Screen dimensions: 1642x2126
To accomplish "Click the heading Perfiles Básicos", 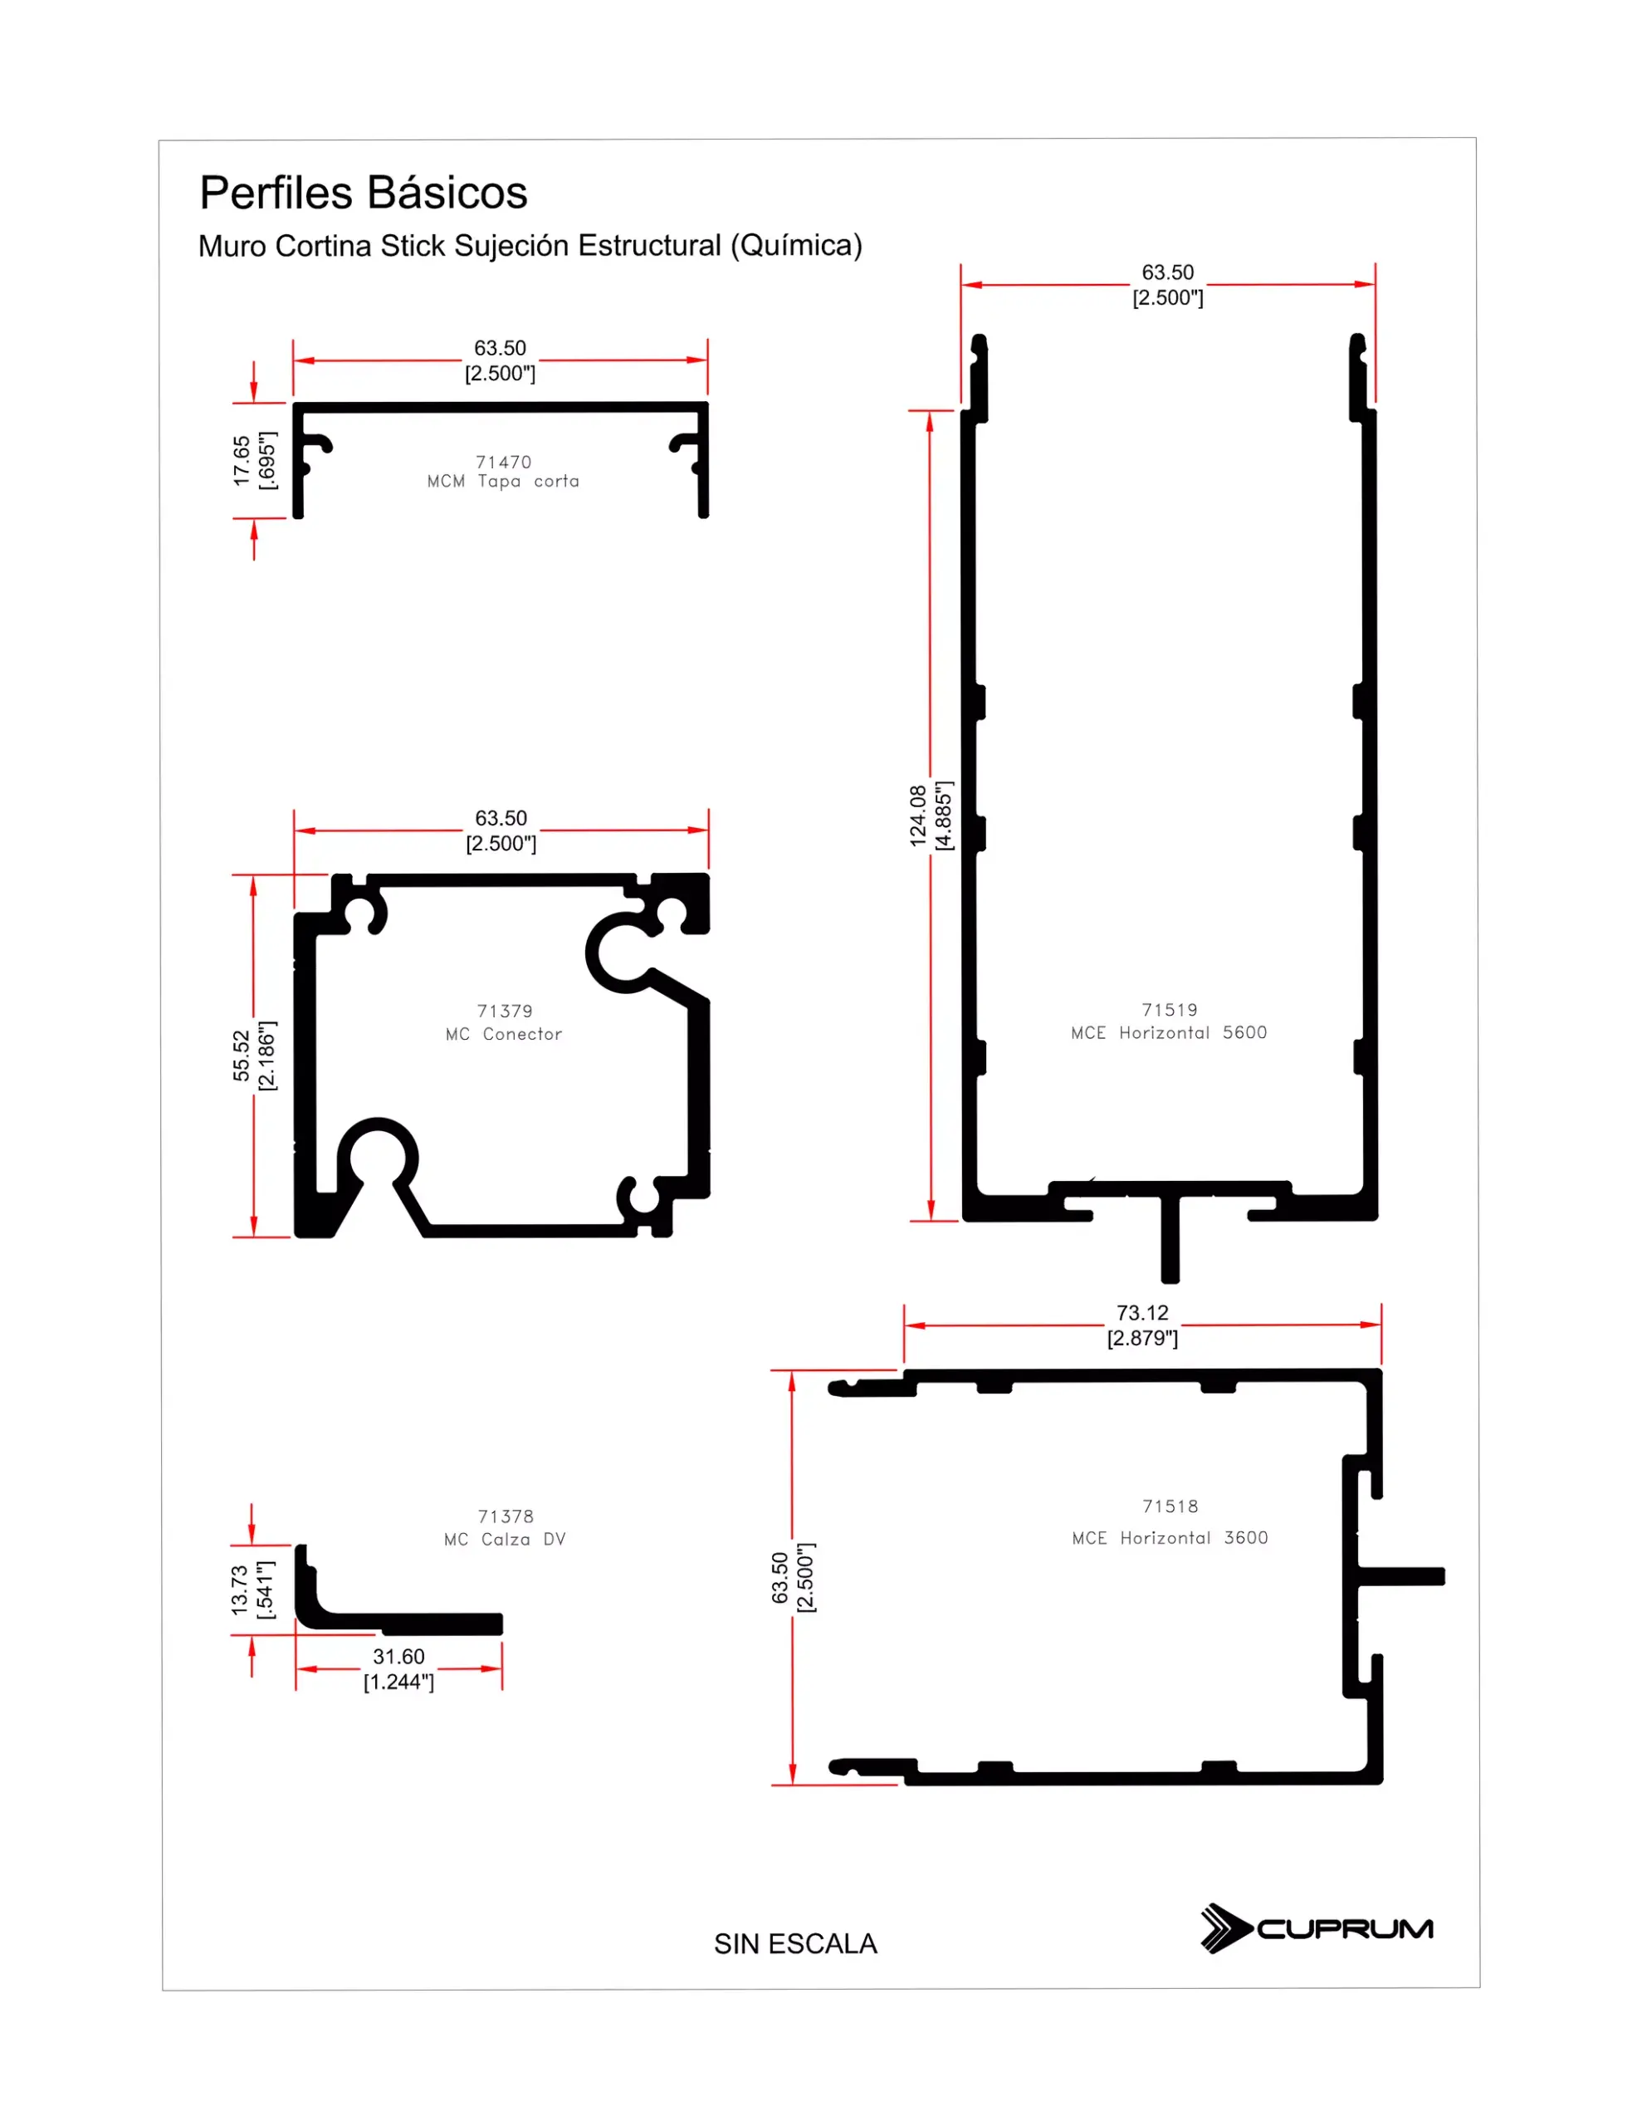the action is [363, 193].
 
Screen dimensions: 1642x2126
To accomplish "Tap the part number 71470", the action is [503, 462].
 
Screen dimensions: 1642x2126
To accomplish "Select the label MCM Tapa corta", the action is [503, 481].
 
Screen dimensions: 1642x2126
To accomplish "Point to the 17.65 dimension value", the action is [242, 460].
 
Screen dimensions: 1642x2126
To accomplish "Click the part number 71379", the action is [504, 1011].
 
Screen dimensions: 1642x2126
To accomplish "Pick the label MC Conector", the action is [503, 1034].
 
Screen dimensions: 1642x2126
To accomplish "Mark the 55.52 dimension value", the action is [242, 1056].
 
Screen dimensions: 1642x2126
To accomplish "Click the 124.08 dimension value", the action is [918, 816].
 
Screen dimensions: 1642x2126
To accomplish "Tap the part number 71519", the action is [1169, 1010].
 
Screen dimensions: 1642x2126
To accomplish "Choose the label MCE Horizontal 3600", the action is [1170, 1537].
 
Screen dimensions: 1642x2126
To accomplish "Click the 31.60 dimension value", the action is [398, 1656].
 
